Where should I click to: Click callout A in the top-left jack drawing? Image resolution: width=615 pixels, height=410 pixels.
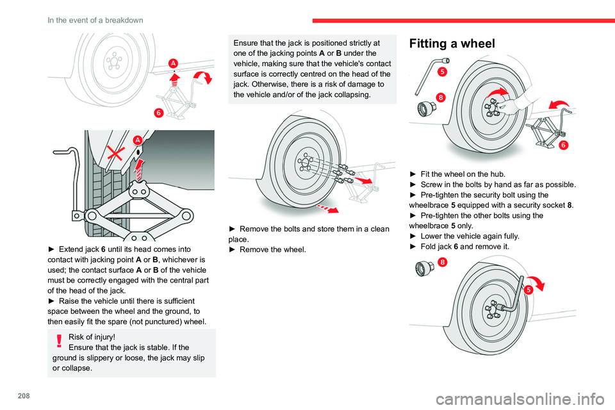pyautogui.click(x=174, y=63)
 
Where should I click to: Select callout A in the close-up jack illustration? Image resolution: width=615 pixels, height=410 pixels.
pyautogui.click(x=136, y=141)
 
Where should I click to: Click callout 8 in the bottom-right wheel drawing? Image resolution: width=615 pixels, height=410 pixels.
pyautogui.click(x=443, y=261)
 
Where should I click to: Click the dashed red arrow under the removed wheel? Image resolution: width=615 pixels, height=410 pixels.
pyautogui.click(x=329, y=208)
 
